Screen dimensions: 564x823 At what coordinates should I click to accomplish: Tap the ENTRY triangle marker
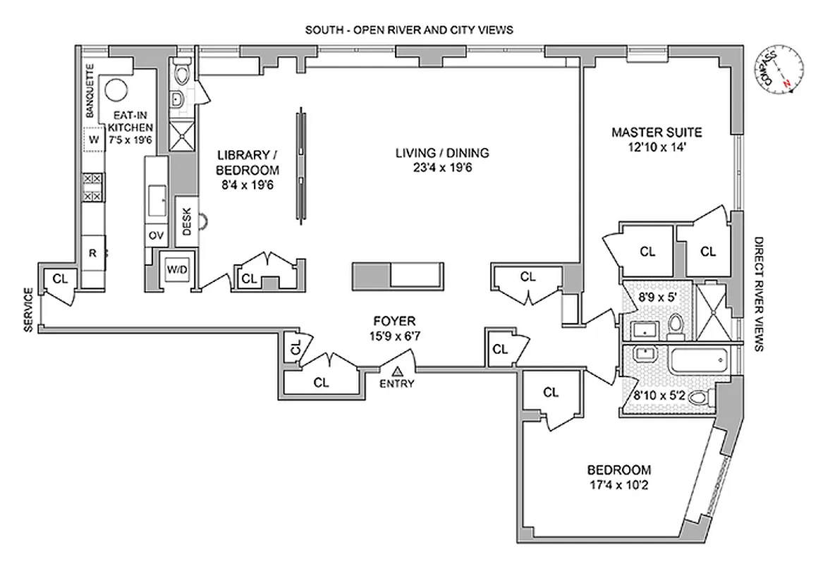pos(397,371)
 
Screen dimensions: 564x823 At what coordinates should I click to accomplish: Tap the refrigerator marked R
pos(92,252)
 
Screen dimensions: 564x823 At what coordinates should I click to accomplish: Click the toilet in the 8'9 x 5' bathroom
pos(676,325)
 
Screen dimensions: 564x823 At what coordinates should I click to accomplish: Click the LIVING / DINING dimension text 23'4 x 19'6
pos(441,167)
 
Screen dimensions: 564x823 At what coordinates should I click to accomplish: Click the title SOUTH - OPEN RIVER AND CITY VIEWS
pos(408,30)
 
